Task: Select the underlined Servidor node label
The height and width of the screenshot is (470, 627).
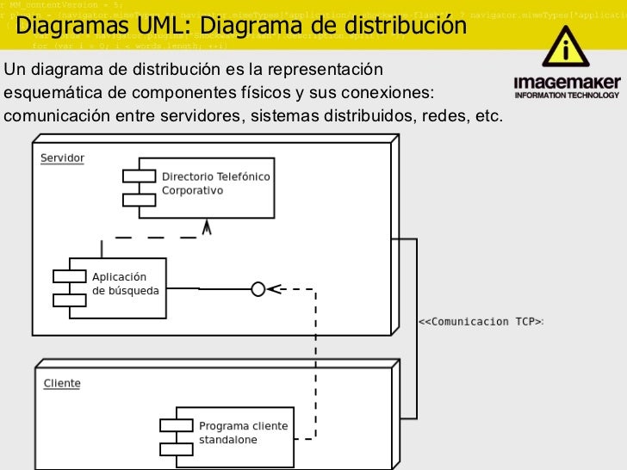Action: click(62, 158)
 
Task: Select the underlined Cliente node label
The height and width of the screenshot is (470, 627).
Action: click(62, 383)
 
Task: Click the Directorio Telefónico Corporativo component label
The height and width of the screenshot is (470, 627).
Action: click(215, 183)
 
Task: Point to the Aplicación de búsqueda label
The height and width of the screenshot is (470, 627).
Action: click(125, 284)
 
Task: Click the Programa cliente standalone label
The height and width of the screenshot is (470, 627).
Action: click(244, 433)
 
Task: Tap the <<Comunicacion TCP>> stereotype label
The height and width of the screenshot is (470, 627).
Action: click(481, 322)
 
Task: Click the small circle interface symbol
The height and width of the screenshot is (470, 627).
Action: click(258, 289)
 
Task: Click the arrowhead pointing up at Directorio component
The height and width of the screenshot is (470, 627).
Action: click(206, 227)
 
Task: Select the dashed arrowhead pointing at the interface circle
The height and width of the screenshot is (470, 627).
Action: click(274, 289)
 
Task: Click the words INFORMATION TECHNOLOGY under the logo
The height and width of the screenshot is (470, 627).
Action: click(567, 96)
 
